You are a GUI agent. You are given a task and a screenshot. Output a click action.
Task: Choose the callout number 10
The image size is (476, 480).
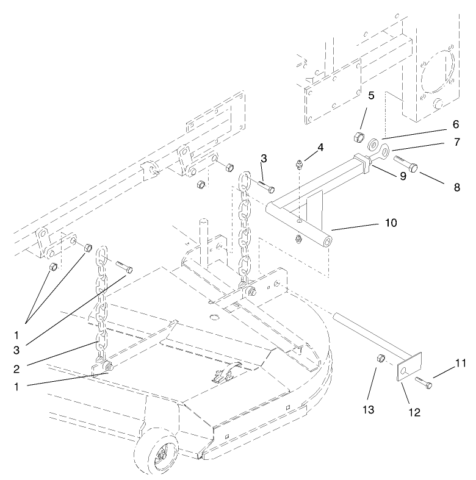391,223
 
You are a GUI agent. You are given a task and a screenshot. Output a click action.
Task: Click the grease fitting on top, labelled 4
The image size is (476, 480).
300,164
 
